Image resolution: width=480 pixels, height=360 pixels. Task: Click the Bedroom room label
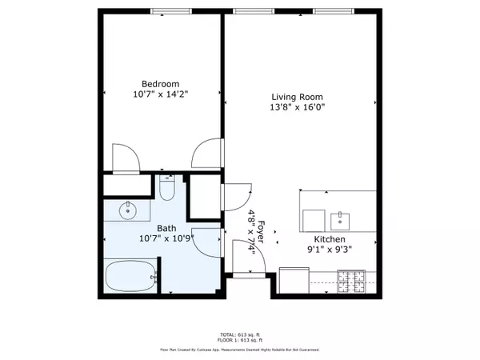(160, 84)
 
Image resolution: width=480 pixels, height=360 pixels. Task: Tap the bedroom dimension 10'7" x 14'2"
(160, 95)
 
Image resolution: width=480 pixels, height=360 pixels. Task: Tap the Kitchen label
(328, 238)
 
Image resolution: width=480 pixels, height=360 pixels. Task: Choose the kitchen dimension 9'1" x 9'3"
(328, 249)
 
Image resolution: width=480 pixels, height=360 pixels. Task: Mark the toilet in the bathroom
(166, 189)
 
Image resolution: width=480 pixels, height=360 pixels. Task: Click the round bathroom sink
(127, 212)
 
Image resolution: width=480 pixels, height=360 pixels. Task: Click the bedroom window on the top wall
(164, 11)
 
